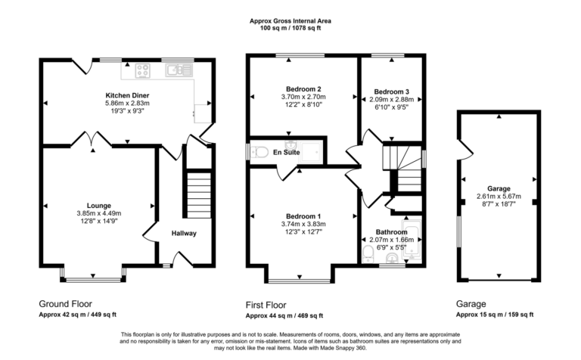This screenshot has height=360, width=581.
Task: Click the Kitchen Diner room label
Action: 127,95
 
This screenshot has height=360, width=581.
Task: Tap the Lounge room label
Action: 99,205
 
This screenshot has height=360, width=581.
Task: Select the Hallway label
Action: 184,233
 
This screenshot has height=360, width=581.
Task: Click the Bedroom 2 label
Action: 304,88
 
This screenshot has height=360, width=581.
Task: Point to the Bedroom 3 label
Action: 390,92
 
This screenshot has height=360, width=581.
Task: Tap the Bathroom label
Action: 390,231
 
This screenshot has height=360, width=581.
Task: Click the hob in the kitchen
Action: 142,70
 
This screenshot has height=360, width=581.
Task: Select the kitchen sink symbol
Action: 176,70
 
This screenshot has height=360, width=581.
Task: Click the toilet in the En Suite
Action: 260,152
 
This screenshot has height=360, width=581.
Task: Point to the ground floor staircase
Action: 199,194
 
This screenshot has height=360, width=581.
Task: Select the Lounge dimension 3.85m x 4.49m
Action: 99,213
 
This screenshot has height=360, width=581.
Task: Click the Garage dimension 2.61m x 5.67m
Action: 499,197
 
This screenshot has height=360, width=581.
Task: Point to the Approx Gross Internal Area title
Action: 291,22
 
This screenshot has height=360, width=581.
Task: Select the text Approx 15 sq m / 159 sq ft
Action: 495,315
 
